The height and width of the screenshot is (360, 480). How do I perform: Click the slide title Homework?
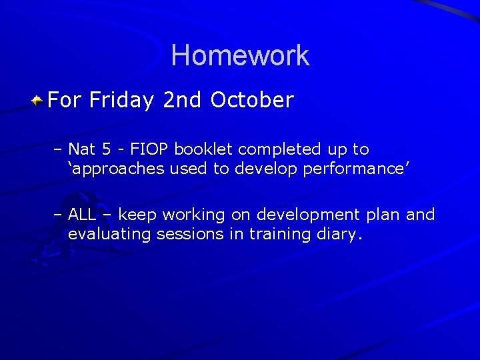point(240,55)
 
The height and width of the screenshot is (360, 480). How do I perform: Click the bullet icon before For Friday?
point(39,101)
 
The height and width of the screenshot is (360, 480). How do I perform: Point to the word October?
point(252,101)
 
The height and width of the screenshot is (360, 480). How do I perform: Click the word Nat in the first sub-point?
point(82,149)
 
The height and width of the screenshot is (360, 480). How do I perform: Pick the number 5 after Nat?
point(106,149)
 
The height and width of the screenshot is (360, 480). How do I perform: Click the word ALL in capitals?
point(83,215)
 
